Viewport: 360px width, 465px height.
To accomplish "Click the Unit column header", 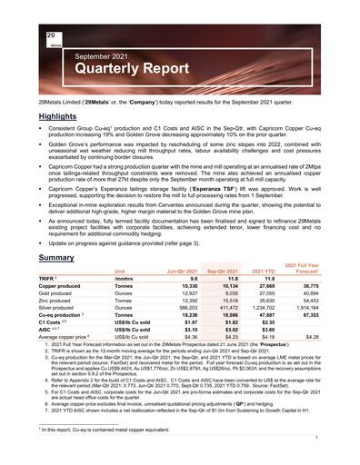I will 119,272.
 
